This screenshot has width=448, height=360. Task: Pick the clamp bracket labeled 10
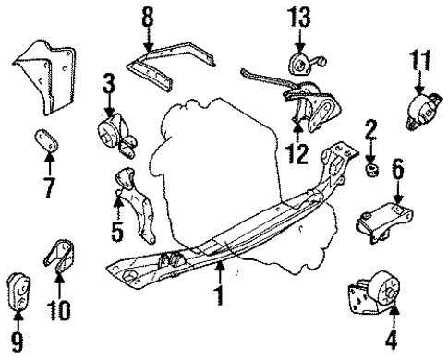coord(60,258)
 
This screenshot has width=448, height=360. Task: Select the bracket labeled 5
coord(127,188)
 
